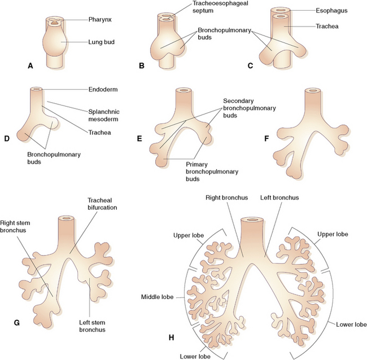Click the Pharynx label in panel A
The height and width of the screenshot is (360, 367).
pyautogui.click(x=100, y=19)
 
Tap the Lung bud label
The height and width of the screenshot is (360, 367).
pyautogui.click(x=101, y=42)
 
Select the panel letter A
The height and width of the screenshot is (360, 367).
pyautogui.click(x=30, y=66)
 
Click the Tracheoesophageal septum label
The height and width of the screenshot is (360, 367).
pyautogui.click(x=220, y=7)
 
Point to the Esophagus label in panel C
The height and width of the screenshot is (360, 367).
pyautogui.click(x=331, y=11)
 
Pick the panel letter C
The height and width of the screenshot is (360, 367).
pyautogui.click(x=250, y=65)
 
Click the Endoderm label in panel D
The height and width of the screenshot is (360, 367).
pyautogui.click(x=103, y=90)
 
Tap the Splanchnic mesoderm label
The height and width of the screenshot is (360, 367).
pyautogui.click(x=104, y=115)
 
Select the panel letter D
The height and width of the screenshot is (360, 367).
pyautogui.click(x=7, y=138)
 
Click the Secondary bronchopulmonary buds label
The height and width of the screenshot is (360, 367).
pyautogui.click(x=249, y=108)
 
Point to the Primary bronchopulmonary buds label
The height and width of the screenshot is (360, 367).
pyautogui.click(x=212, y=172)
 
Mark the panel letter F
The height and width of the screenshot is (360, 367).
pyautogui.click(x=266, y=138)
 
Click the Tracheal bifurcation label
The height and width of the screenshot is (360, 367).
pyautogui.click(x=102, y=204)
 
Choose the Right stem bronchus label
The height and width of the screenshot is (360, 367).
pyautogui.click(x=15, y=227)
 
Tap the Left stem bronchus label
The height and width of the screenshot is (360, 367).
pyautogui.click(x=92, y=326)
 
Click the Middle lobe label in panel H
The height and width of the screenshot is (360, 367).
pyautogui.click(x=158, y=297)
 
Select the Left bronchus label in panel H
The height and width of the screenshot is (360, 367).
pyautogui.click(x=279, y=197)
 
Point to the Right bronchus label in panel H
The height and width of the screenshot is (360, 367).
pyautogui.click(x=226, y=197)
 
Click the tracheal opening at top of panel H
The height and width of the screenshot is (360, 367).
pyautogui.click(x=252, y=220)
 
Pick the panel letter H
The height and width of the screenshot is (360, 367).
pyautogui.click(x=171, y=337)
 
